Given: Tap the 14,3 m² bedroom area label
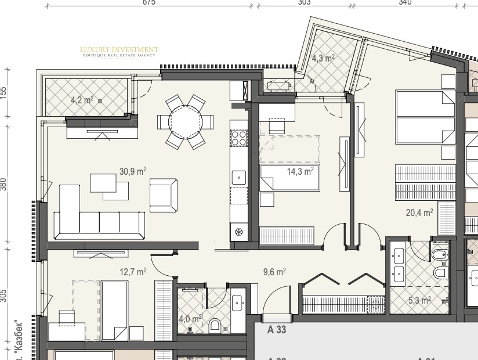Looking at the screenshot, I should click(x=300, y=171).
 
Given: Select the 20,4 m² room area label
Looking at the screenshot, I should click(x=419, y=213).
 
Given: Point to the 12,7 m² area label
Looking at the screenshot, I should click(x=133, y=271).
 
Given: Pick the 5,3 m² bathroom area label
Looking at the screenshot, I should click(x=419, y=300).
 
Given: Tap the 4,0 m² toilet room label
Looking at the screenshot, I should click(x=190, y=319).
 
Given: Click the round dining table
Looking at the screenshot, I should click(x=186, y=122).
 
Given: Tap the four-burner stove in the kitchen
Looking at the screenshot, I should click(x=238, y=139).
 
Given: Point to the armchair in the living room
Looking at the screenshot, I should click(x=163, y=195).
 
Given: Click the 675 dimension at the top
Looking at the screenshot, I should click(x=149, y=3).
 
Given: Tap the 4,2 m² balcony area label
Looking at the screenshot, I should click(x=82, y=100).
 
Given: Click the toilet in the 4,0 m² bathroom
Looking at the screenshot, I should click(x=215, y=324).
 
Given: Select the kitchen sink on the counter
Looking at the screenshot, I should click(x=238, y=178).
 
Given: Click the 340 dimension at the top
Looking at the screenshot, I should click(x=405, y=3).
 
